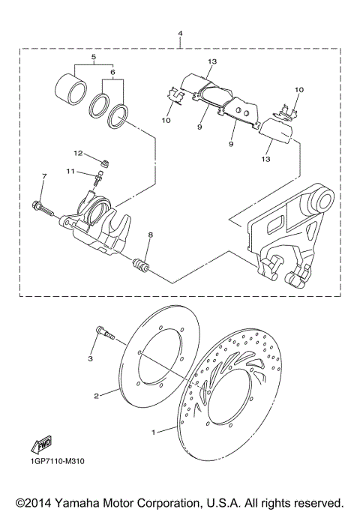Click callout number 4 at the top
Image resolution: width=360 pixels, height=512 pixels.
coord(181,34)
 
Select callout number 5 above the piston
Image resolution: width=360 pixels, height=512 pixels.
coord(94,56)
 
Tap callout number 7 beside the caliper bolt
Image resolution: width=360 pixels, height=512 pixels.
coord(44,176)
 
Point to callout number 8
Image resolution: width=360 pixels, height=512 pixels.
coord(150,235)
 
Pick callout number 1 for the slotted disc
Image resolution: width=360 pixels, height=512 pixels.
coord(155,432)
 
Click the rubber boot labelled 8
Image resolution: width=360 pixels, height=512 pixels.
coord(141,265)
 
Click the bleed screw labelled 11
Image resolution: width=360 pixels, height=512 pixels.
coord(98,177)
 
